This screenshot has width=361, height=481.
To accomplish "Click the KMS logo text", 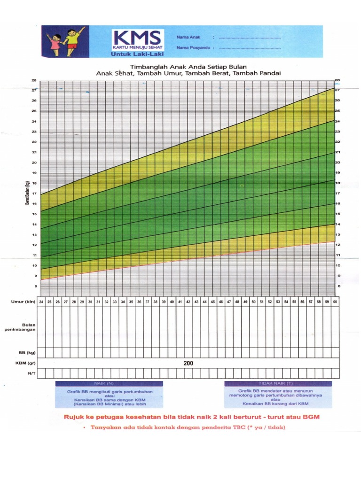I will pos(137,38).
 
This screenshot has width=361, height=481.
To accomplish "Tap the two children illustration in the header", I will pos(65,41).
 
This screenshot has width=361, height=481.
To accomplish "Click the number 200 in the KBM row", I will pos(188,364).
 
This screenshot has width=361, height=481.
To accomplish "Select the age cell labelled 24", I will pos(41,302).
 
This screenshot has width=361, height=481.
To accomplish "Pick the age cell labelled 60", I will pos(335,302).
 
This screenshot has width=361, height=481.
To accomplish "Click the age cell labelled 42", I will pos(188,302).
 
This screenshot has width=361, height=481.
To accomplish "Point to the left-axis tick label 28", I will pos(34,80).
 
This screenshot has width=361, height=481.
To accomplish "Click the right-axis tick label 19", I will pos(337,173).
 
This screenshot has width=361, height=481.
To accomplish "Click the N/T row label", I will pos(29,373).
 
